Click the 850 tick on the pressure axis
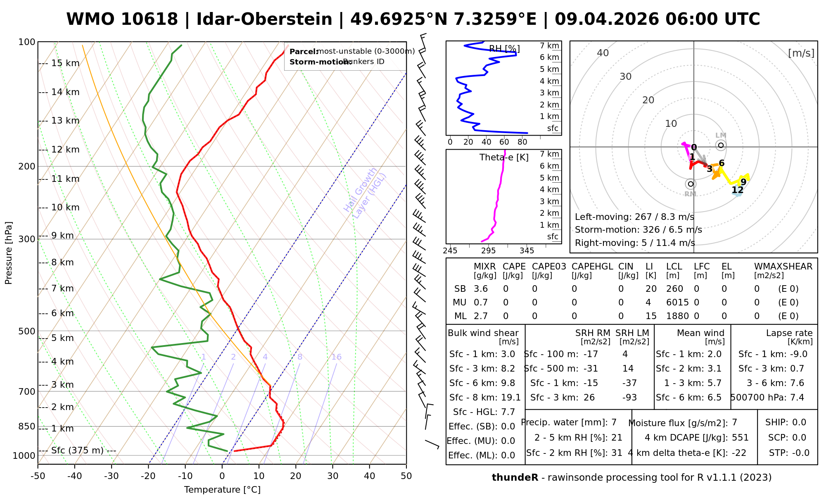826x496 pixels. point(27,426)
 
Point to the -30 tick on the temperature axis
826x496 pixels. point(112,476)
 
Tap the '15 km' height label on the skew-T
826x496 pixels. point(65,63)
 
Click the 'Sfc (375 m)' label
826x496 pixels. point(77,450)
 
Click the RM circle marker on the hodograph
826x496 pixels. point(691,184)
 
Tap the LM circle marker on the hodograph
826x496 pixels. point(721,145)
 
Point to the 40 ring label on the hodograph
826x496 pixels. point(603,53)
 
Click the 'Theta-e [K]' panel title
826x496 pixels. point(504,157)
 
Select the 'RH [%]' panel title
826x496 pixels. point(504,49)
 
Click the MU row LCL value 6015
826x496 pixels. point(677,303)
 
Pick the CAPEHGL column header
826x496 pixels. point(592,267)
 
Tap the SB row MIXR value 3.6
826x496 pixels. point(481,289)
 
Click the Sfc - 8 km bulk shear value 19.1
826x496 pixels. point(511,398)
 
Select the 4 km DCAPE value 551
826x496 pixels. point(740,438)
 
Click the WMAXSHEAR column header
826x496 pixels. point(783,267)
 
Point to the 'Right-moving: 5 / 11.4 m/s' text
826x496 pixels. point(635,243)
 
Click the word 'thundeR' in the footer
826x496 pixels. point(515,478)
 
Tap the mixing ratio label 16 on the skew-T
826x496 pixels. point(337,357)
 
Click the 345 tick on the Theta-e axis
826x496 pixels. point(527,251)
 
